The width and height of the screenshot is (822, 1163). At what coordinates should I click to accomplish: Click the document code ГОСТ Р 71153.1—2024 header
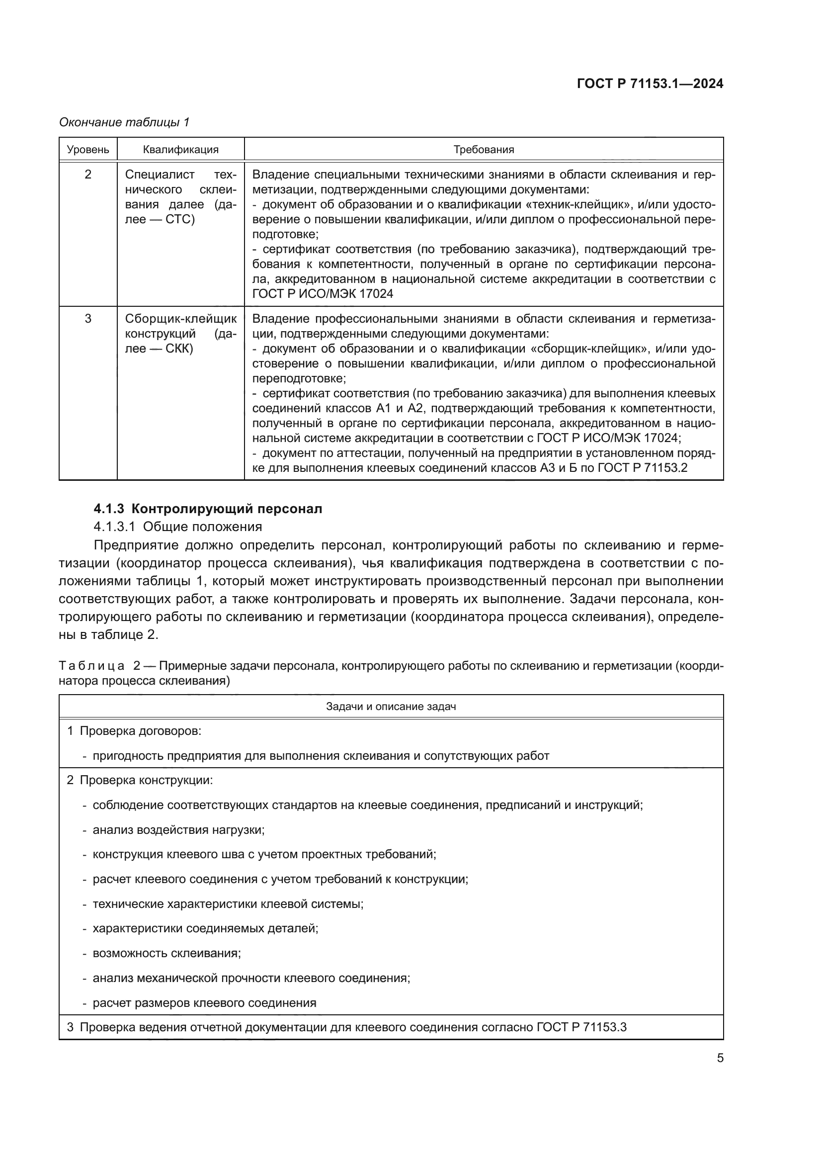(650, 84)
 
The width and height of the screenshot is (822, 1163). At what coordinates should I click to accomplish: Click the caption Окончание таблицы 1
(124, 122)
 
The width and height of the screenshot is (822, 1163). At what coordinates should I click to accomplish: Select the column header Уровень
(88, 150)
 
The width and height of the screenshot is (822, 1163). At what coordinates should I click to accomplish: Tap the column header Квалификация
(181, 150)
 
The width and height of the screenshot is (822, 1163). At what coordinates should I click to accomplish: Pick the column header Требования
(484, 150)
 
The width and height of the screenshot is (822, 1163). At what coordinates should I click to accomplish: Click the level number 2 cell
(88, 175)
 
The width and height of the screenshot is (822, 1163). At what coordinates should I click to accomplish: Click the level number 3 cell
(88, 319)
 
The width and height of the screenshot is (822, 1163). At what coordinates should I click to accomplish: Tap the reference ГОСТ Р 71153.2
(642, 467)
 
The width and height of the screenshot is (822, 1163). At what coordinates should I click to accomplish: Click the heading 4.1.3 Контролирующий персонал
(208, 509)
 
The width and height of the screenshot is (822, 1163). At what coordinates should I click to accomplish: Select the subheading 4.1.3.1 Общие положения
(177, 527)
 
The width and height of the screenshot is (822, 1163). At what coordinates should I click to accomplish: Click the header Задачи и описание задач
(391, 706)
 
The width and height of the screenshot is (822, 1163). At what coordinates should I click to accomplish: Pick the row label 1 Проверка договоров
(135, 731)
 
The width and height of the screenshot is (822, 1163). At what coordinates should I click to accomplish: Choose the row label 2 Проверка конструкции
(140, 780)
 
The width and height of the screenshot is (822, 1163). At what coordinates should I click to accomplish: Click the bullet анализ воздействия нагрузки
(178, 830)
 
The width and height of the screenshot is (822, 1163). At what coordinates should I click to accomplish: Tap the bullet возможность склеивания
(166, 953)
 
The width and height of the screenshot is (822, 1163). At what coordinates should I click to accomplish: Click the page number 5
(720, 1058)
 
